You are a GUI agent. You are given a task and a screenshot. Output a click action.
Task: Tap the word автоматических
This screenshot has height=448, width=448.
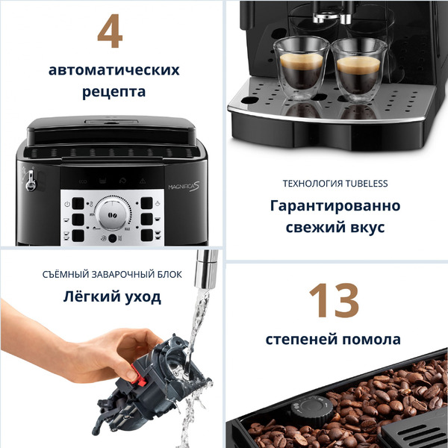pyautogui.click(x=113, y=70)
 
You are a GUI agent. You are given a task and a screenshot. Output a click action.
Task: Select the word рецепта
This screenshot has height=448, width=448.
pyautogui.click(x=113, y=93)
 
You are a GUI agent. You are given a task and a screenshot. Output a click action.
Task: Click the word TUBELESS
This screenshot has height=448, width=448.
pyautogui.click(x=364, y=183)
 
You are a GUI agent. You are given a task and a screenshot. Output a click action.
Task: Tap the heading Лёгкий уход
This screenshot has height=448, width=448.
pyautogui.click(x=111, y=297)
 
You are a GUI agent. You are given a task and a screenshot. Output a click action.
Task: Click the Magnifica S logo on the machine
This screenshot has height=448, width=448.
pyautogui.click(x=177, y=184)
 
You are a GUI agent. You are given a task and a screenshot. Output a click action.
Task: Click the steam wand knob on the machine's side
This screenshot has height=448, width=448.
pyautogui.click(x=31, y=180)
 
